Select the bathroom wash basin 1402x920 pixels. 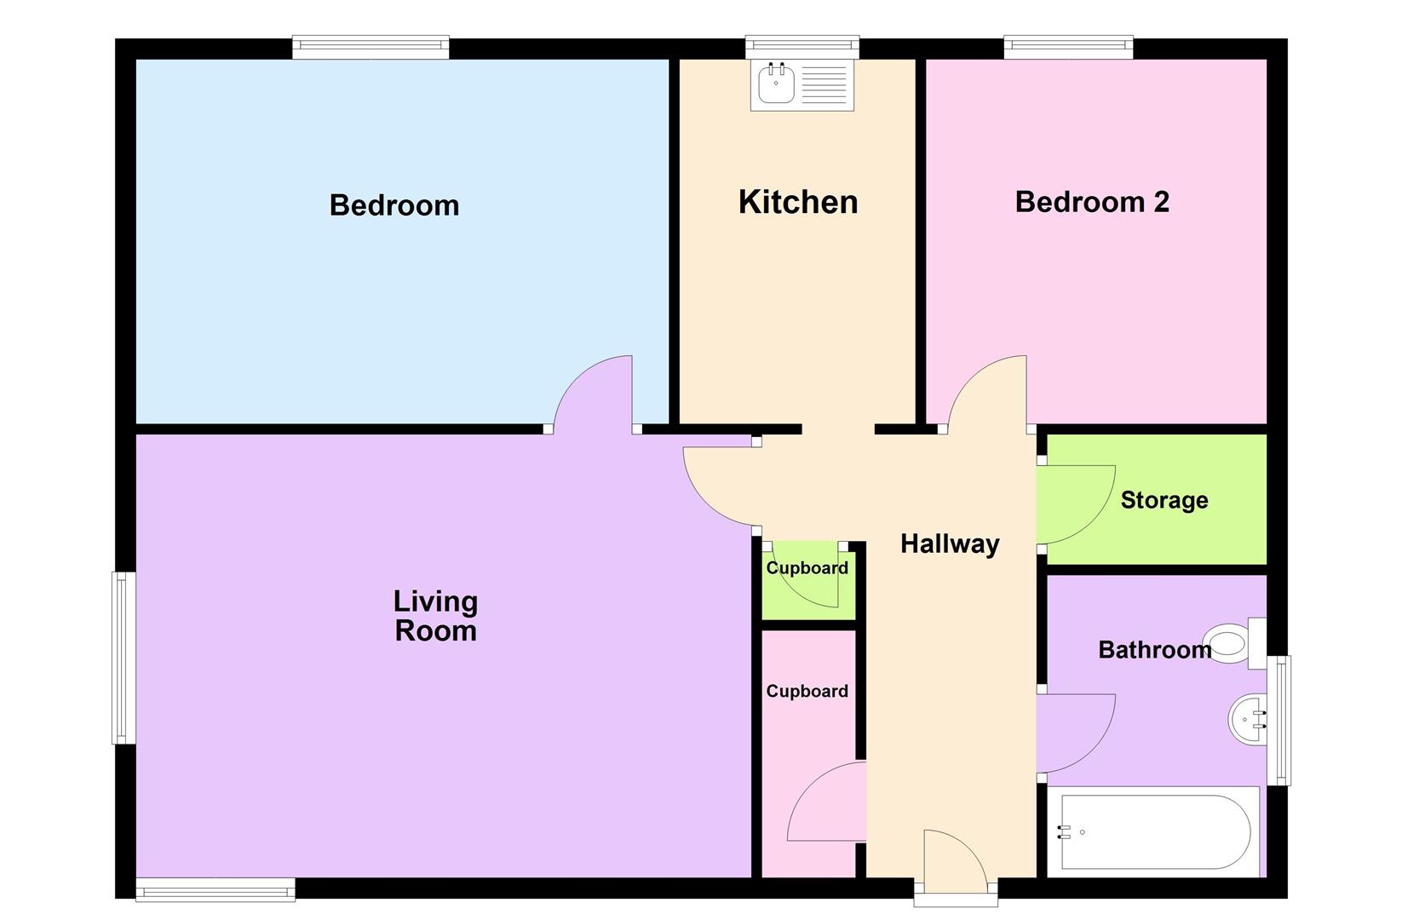coord(1246,721)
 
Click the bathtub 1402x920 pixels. coord(1155,831)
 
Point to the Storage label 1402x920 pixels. coord(1164,500)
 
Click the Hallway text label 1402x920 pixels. coord(950,543)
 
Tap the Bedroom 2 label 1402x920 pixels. coord(1092,202)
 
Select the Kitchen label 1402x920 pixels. coord(798,202)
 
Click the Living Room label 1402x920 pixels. coord(435,616)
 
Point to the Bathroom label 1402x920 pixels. coord(1154,650)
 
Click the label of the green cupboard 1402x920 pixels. coord(807,568)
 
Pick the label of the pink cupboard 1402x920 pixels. coord(807,691)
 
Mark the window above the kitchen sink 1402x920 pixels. coord(802,47)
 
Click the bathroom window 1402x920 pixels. coord(1278,720)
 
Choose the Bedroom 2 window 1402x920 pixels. coord(1068,47)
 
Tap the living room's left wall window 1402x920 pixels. coord(124,658)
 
